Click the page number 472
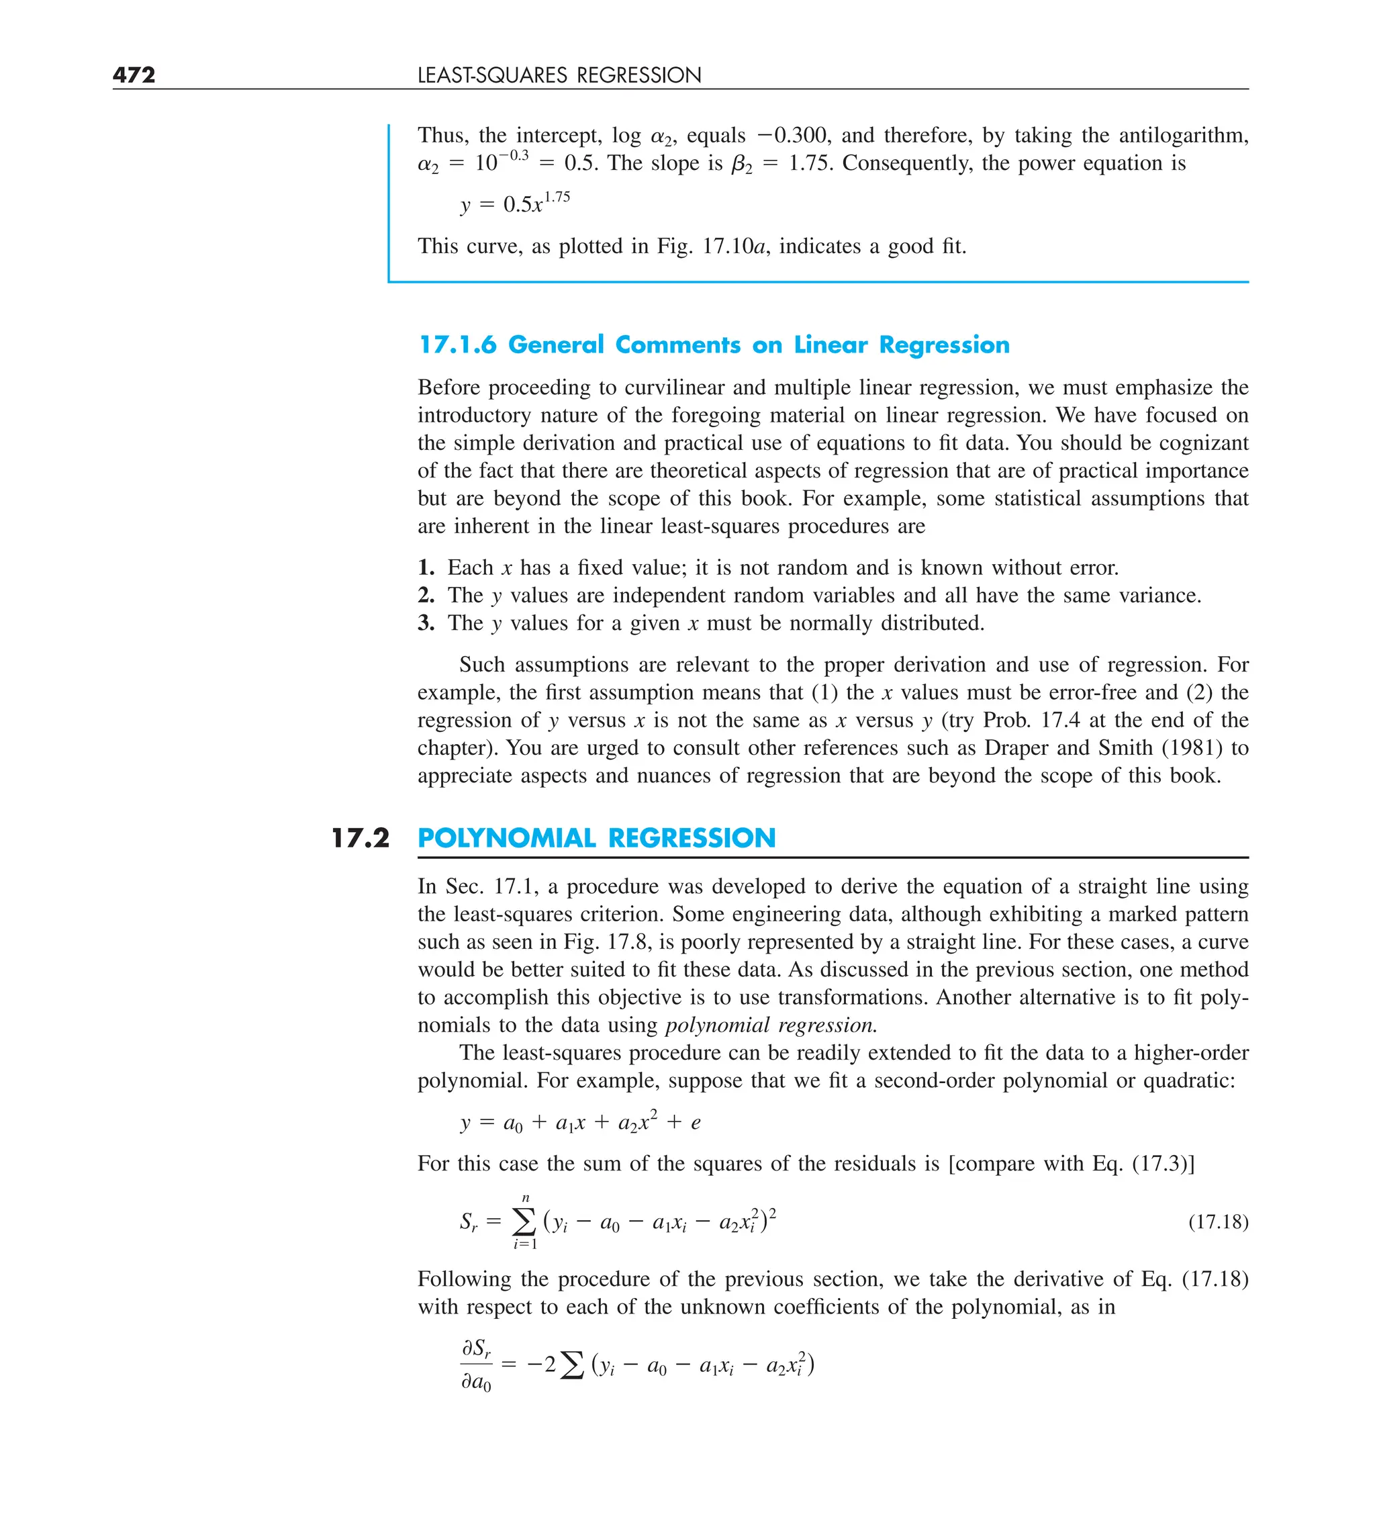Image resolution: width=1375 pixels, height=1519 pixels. [x=134, y=75]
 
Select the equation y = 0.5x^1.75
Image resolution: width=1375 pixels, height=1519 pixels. [x=514, y=203]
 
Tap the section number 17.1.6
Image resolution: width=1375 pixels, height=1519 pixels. [x=457, y=344]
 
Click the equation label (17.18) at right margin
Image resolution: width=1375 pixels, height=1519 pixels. [x=1217, y=1222]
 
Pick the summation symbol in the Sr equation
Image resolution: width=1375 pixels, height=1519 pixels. [x=524, y=1221]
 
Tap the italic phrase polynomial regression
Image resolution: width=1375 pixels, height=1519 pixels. [x=771, y=1025]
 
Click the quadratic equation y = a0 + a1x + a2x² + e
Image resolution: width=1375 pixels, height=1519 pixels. [x=580, y=1123]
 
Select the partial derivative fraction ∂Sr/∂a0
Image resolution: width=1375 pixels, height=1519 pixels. [x=476, y=1365]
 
